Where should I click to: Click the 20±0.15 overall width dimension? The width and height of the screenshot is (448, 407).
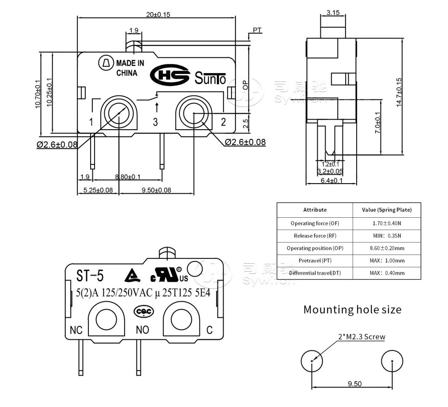point(158,14)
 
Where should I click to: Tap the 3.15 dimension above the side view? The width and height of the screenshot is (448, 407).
point(333,13)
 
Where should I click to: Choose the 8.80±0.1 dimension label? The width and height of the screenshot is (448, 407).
point(127,177)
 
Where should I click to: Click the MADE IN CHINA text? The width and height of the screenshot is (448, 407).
point(129,68)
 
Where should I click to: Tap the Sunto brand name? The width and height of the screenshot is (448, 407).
point(210,79)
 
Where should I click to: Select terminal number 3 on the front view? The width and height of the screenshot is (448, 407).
point(155,122)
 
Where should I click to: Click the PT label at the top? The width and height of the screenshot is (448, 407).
point(257,30)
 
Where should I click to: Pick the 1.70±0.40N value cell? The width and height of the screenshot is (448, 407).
point(387,223)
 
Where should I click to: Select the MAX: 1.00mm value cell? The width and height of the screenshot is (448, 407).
point(387,261)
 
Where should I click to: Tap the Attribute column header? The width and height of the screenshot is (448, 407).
point(315,210)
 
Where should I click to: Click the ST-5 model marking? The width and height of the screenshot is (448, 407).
point(90,276)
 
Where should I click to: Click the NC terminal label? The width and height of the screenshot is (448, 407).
point(76,330)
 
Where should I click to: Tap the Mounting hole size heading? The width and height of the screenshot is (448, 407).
point(352,310)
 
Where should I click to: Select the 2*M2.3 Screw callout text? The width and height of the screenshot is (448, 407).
point(361,337)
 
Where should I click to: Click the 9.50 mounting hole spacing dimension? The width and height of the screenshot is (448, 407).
point(354,384)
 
